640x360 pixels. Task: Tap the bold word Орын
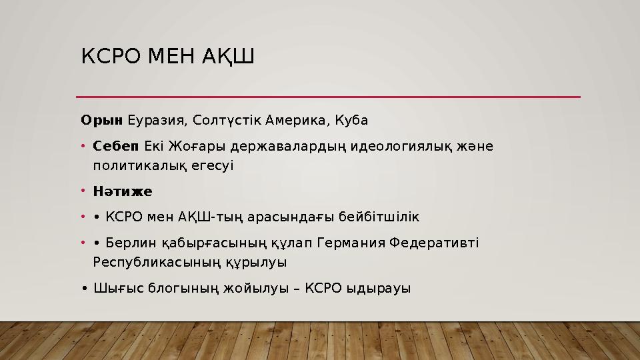[x=101, y=121]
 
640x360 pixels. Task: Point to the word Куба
[x=350, y=121]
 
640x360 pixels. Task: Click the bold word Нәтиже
[x=123, y=192]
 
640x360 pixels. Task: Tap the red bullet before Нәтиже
[x=83, y=192]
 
